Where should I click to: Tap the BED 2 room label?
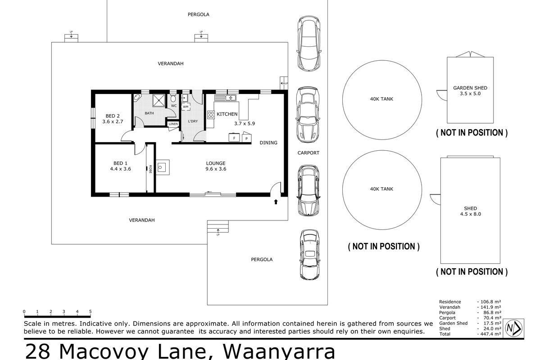pos(113,115)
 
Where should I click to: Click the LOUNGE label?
pos(216,163)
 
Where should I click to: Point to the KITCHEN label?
pos(227,114)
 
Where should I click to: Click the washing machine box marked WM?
pos(186,107)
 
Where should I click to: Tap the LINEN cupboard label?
pos(173,124)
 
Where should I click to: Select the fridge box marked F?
pos(234,138)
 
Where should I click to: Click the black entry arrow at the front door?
pos(276,202)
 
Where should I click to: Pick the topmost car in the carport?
pos(308,44)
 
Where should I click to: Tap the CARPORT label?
pos(308,153)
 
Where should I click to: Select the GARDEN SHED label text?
pos(470,88)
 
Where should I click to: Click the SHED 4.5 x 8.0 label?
pos(470,211)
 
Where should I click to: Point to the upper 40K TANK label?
pos(381,99)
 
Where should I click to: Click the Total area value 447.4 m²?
pos(490,334)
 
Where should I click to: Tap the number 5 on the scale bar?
pos(91,311)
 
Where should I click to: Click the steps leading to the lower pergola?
pos(218,227)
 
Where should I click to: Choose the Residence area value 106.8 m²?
pos(490,302)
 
